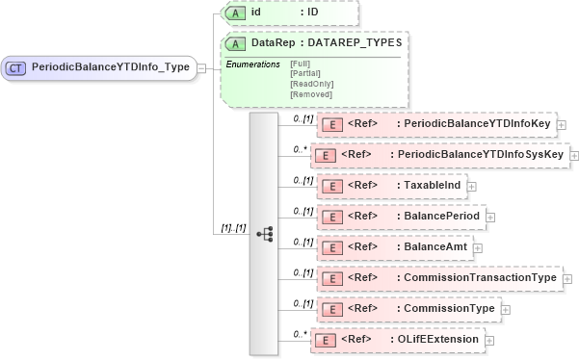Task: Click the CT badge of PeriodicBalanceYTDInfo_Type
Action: pos(16,67)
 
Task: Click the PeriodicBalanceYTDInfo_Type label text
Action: pos(111,67)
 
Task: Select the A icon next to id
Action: pos(233,13)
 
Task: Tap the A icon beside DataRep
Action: pos(233,43)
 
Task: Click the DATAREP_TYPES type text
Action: pos(354,43)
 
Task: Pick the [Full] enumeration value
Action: pos(300,64)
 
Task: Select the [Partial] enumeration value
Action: pos(305,73)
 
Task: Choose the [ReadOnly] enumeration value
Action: pos(310,84)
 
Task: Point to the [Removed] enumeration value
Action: pos(310,94)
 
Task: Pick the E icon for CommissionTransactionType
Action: pos(330,278)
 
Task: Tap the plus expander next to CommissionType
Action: pos(506,310)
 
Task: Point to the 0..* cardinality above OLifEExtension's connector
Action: pos(301,333)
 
